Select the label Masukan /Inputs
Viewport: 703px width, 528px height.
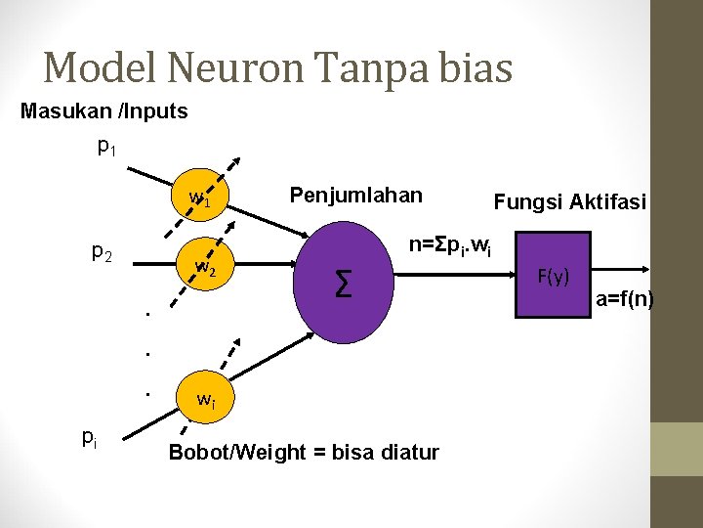pos(104,111)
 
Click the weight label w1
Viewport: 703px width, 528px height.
pos(200,199)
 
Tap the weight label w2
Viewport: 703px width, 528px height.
pos(205,266)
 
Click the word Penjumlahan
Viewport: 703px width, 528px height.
pos(355,195)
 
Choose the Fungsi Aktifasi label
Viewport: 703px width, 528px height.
pos(569,202)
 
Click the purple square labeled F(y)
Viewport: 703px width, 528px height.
pos(553,275)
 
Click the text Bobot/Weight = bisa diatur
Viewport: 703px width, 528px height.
pos(304,452)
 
